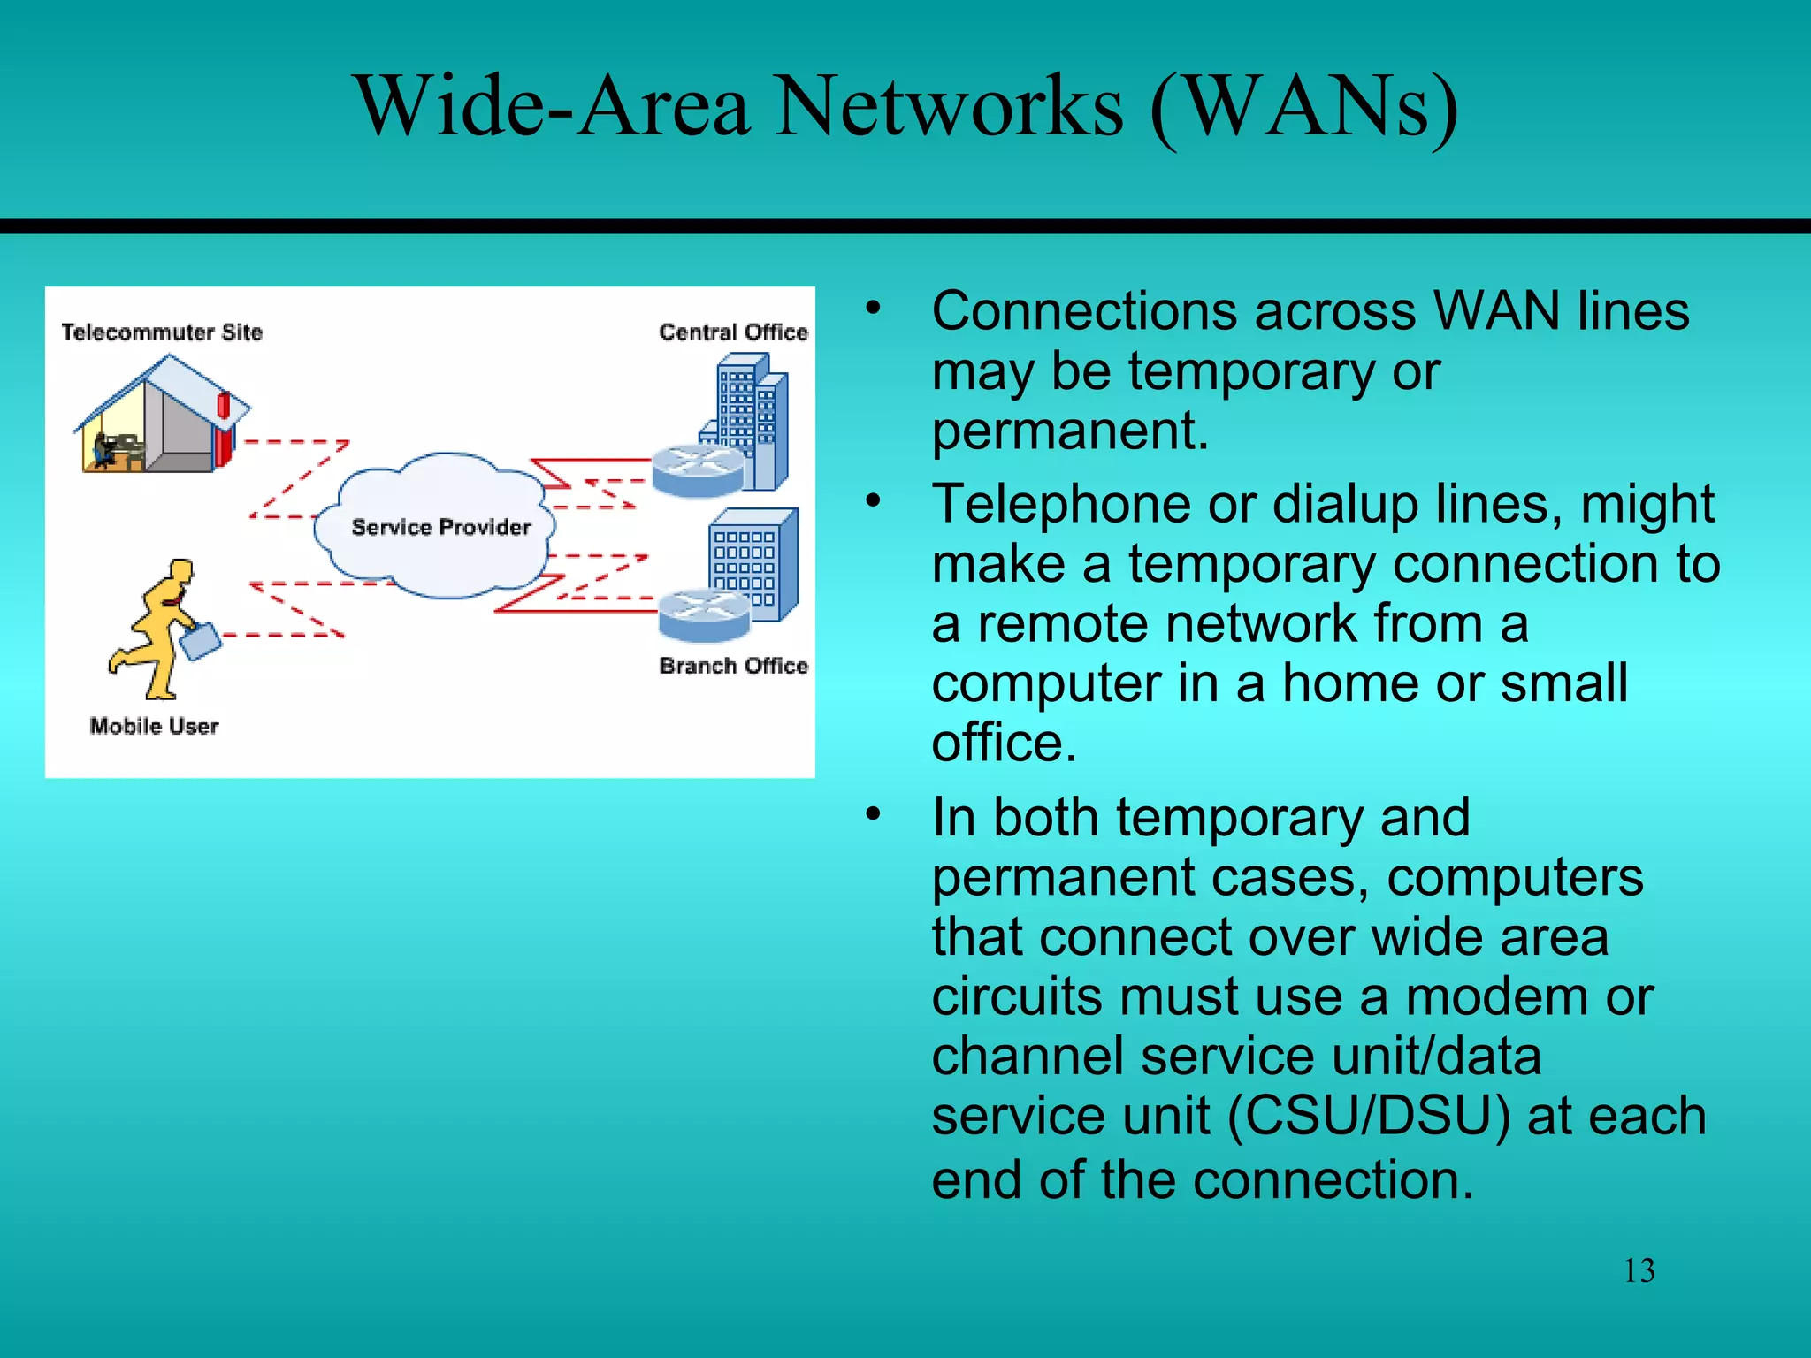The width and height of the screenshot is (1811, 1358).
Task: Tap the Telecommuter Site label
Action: [162, 332]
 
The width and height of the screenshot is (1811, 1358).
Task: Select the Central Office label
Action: [733, 332]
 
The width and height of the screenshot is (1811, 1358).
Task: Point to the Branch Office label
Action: [733, 666]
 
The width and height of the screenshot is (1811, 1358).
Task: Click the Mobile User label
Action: [154, 726]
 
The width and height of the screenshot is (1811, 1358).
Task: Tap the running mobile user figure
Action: [159, 628]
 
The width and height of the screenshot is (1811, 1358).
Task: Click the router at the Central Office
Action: [698, 470]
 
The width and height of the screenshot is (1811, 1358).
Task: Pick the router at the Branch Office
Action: [704, 615]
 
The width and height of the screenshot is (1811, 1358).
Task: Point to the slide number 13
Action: [1639, 1270]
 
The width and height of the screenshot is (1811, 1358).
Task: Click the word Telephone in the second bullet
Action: [1061, 505]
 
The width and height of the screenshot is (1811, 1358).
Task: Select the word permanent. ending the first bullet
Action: [1070, 431]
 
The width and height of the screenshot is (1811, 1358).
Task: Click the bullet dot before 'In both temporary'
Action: [874, 813]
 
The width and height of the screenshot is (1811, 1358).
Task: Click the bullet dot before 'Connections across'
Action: [874, 308]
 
